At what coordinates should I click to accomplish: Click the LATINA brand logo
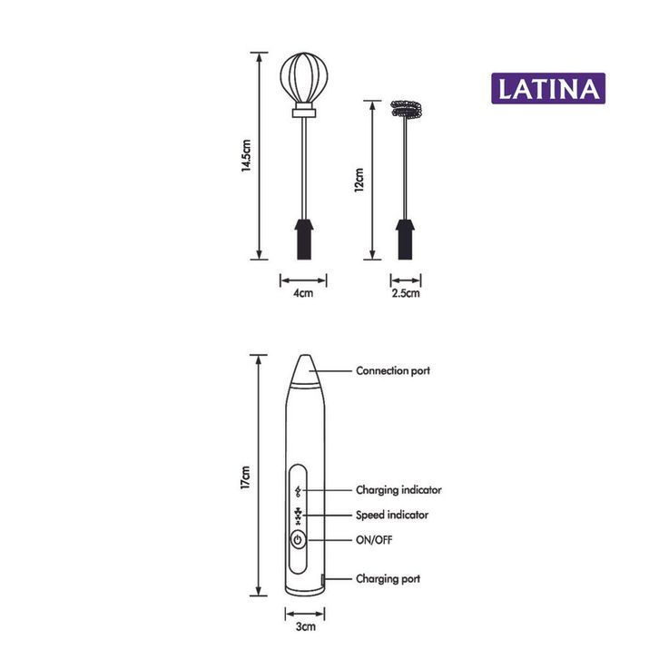coord(548,88)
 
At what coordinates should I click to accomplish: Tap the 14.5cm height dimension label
coord(246,156)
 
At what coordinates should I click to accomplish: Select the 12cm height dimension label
coord(359,181)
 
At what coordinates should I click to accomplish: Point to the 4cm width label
coord(303,293)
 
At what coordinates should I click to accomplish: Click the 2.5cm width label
coord(406,293)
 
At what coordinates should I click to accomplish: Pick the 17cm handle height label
coord(245,477)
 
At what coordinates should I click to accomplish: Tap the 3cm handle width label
coord(306,626)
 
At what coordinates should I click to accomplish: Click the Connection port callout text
coord(393,370)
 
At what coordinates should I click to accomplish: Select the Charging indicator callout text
coord(398,490)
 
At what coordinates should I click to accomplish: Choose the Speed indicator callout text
coord(392,515)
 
